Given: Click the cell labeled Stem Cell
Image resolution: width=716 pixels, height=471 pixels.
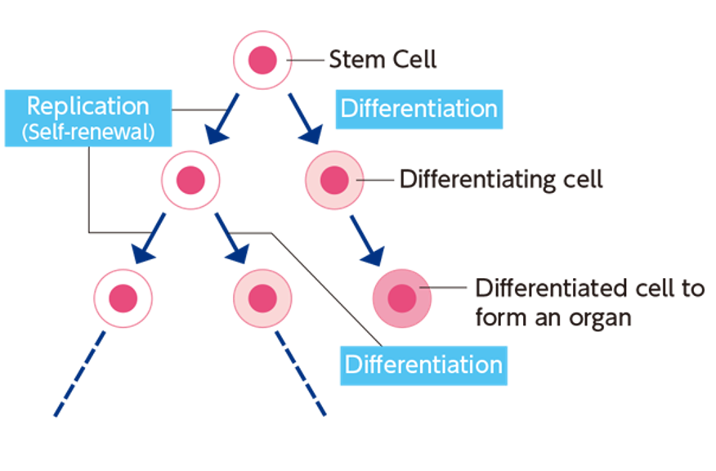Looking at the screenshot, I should (x=262, y=60).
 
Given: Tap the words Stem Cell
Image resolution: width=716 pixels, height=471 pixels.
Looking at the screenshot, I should (x=383, y=59).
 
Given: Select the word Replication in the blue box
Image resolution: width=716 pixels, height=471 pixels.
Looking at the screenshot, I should (x=88, y=106).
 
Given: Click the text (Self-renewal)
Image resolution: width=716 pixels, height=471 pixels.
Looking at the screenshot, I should (x=88, y=132).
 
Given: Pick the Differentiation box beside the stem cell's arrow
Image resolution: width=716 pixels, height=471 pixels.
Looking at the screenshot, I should (x=418, y=109).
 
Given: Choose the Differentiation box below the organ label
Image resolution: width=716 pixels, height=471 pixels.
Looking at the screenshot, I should (x=423, y=365).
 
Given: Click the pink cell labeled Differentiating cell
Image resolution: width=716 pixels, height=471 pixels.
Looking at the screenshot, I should (x=333, y=180).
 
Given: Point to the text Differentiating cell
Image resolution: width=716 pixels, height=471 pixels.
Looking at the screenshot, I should (x=500, y=179).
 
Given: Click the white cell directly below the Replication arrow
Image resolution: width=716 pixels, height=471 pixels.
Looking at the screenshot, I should (x=191, y=180).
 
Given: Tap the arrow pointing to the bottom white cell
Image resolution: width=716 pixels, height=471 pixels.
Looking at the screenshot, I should (x=152, y=238).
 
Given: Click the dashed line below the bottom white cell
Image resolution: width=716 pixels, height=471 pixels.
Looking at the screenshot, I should (x=80, y=373).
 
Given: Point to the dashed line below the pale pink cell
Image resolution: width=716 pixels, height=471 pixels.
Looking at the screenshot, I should (x=300, y=373).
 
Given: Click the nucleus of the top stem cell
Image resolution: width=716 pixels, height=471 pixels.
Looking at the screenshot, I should (x=262, y=60).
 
